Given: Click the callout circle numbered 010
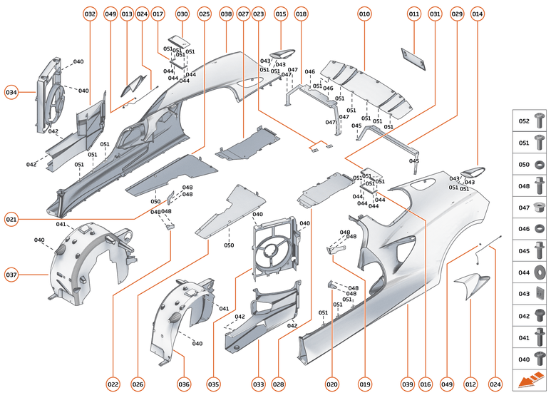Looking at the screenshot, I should click(364, 14).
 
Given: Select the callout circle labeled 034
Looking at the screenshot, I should click(11, 92).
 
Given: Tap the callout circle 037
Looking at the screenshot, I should click(11, 275).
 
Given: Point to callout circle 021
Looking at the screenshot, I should click(11, 219).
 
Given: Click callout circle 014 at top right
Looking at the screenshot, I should click(478, 14).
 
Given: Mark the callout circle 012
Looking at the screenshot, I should click(470, 384).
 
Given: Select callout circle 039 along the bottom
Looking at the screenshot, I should click(408, 384).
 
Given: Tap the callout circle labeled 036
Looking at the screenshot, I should click(184, 384).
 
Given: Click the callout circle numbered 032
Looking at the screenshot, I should click(90, 14).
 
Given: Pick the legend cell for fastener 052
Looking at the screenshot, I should click(531, 122).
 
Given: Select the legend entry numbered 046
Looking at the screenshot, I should click(531, 229).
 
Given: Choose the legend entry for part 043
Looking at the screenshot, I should click(531, 293).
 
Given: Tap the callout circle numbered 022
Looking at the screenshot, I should click(113, 384).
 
